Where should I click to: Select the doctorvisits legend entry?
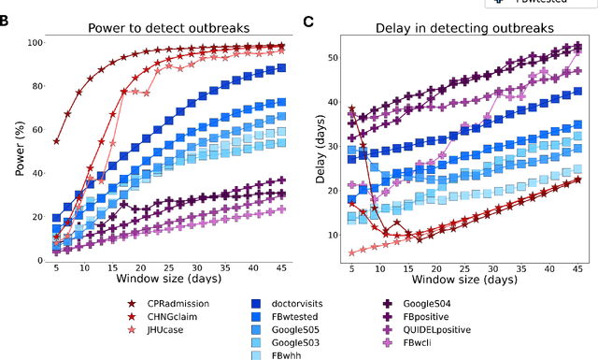[295, 303]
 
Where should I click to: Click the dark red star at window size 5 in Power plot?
[56, 141]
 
